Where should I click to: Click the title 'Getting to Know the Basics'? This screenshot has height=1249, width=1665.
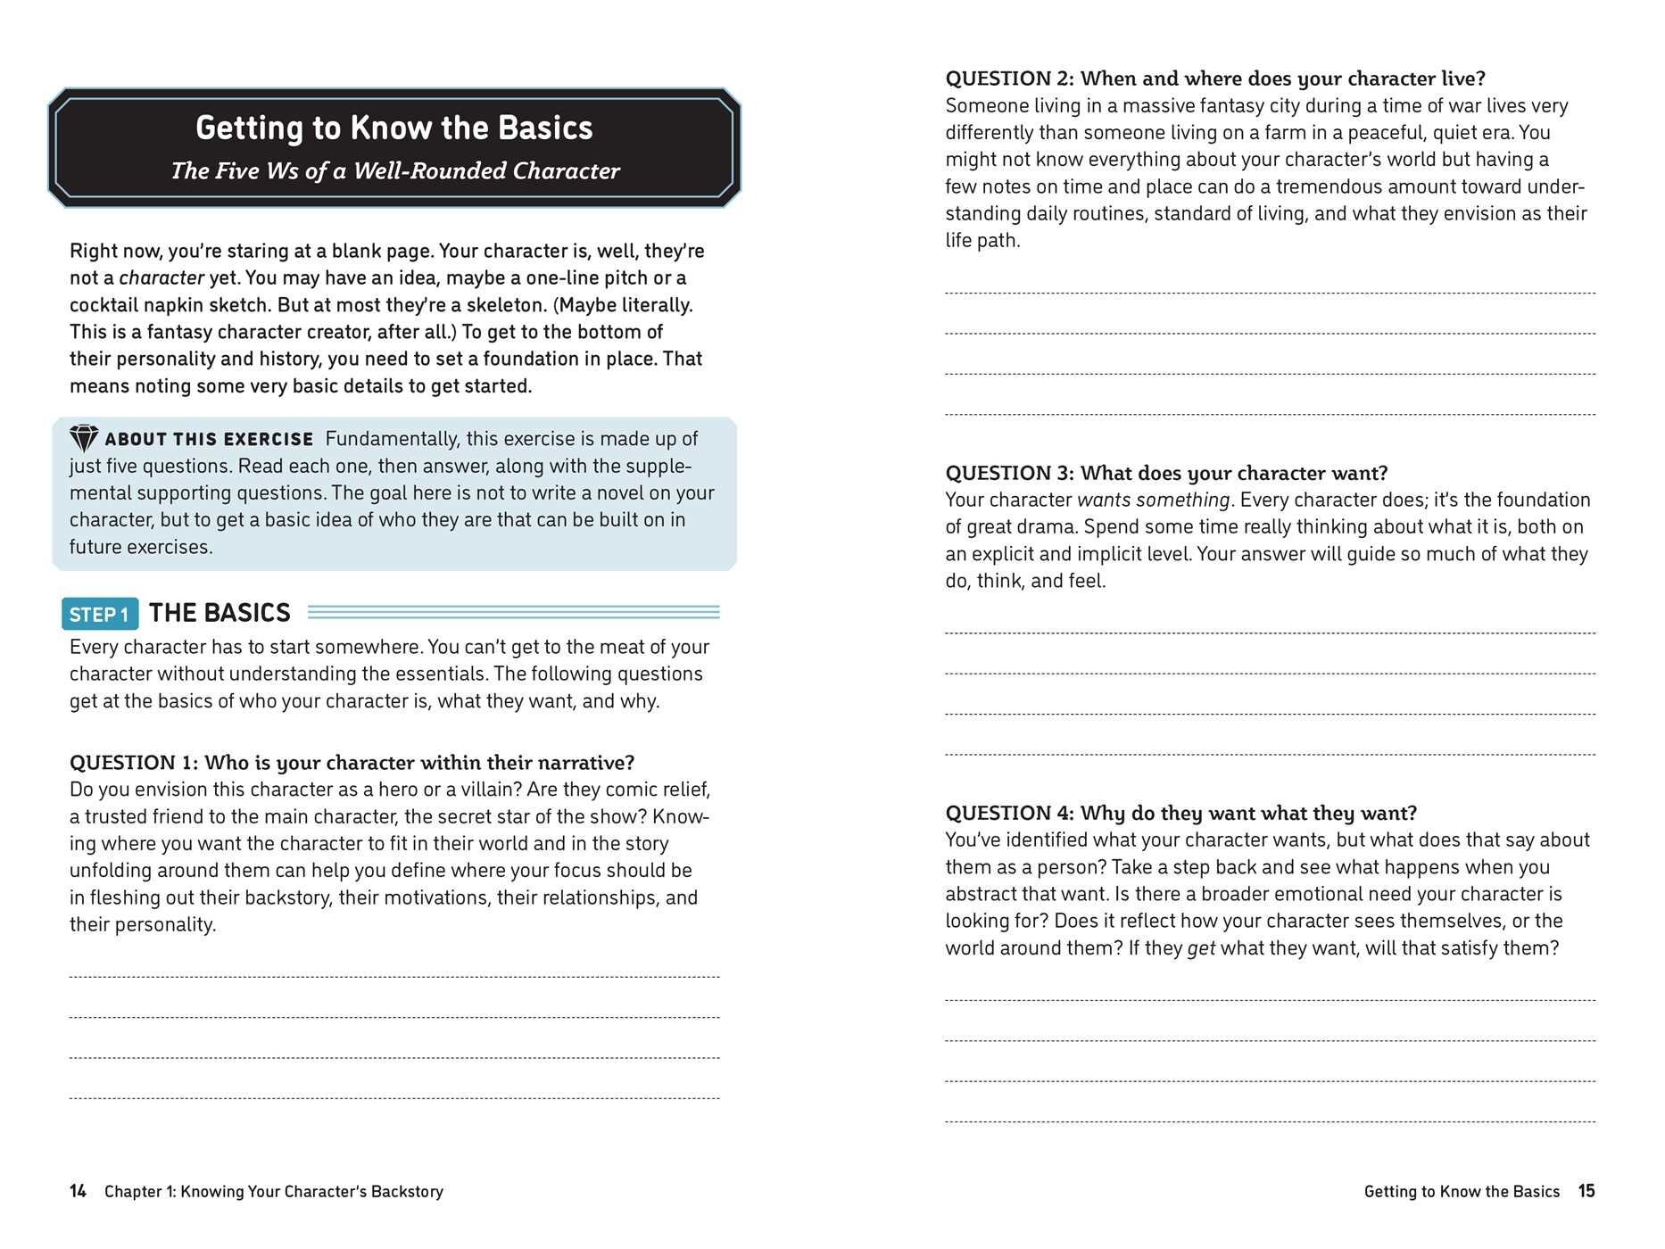pyautogui.click(x=393, y=128)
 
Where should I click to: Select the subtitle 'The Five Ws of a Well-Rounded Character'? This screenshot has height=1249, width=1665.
pyautogui.click(x=395, y=170)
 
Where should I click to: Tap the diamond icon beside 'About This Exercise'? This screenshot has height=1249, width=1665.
pyautogui.click(x=84, y=438)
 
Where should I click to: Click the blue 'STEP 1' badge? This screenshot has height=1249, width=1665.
pyautogui.click(x=99, y=614)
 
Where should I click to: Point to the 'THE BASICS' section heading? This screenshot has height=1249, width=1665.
pyautogui.click(x=220, y=613)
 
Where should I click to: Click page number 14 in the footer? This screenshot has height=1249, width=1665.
pyautogui.click(x=79, y=1191)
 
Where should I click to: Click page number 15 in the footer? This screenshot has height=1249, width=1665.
pyautogui.click(x=1586, y=1191)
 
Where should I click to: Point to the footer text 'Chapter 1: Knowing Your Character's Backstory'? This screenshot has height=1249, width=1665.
pyautogui.click(x=274, y=1191)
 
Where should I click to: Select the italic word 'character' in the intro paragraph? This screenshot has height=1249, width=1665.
pyautogui.click(x=162, y=277)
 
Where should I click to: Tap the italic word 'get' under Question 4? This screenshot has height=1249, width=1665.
pyautogui.click(x=1201, y=947)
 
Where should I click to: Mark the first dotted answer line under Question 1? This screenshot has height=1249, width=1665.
pyautogui.click(x=394, y=977)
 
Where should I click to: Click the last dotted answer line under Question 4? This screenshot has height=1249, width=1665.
pyautogui.click(x=1270, y=1121)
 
